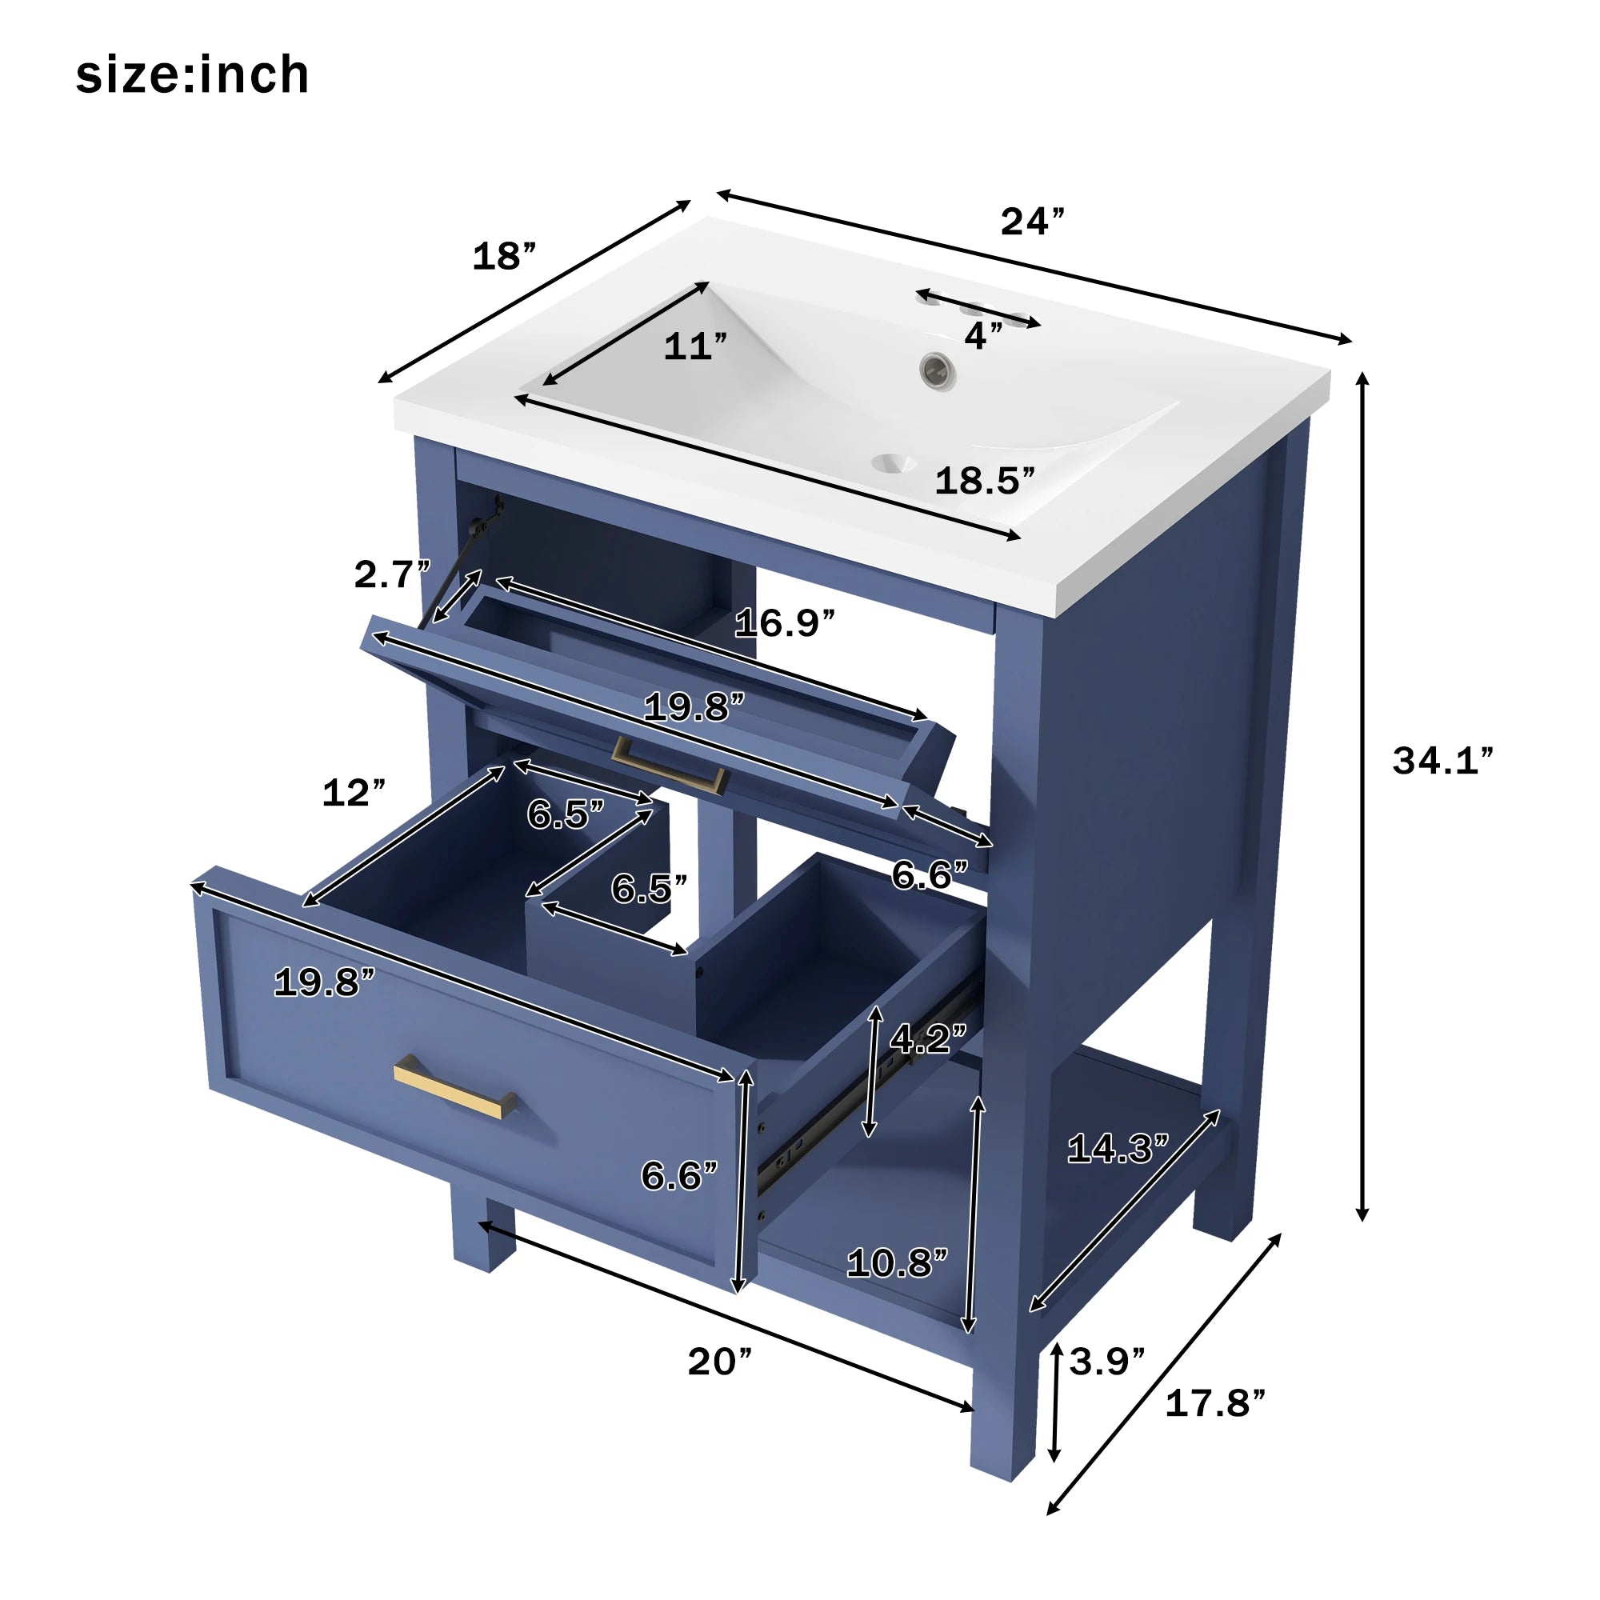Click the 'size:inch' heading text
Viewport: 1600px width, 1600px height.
coord(192,74)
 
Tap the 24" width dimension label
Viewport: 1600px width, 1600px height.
coord(1032,221)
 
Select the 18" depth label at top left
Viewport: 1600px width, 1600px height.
coord(503,256)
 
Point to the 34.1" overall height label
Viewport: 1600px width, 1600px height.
coord(1442,760)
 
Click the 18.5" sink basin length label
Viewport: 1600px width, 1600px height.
coord(985,480)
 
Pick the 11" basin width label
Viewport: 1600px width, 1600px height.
coord(695,346)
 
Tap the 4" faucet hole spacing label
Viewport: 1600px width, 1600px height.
coord(983,335)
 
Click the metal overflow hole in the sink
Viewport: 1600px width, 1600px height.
coord(938,370)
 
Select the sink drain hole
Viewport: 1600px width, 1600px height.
coord(894,464)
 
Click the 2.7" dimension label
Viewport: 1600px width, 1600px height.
coord(392,574)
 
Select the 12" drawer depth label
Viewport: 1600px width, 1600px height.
coord(354,793)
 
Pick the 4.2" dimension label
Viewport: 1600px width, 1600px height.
coord(927,1038)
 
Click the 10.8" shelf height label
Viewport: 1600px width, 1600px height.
coord(897,1263)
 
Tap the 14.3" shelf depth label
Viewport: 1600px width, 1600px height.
coord(1117,1149)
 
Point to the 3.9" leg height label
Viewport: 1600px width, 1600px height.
coord(1106,1362)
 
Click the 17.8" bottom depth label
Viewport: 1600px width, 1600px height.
coord(1215,1404)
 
